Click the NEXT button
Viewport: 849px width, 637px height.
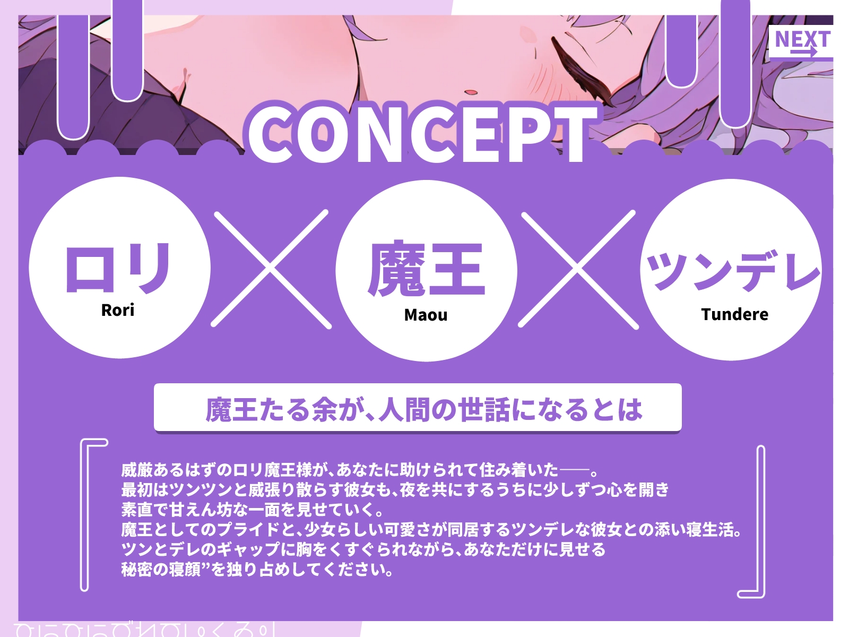[801, 42]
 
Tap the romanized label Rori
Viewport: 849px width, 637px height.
[118, 310]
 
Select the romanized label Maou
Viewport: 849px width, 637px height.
[426, 315]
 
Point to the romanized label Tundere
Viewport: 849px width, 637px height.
[734, 314]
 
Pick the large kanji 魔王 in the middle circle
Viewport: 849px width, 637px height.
[426, 269]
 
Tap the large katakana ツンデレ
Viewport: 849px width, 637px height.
[733, 271]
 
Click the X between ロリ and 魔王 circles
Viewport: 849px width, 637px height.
[271, 269]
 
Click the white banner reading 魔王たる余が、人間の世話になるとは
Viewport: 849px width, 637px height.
[418, 408]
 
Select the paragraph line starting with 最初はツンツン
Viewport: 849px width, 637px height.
[395, 489]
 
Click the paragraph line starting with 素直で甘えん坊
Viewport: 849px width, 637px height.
[253, 510]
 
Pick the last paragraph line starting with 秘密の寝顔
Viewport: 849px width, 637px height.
[257, 570]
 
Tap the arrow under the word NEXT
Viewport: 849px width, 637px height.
[803, 52]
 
